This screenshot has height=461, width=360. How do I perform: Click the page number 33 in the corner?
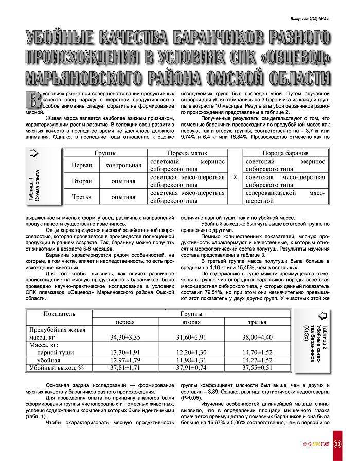(337, 445)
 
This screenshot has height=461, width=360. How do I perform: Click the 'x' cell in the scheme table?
(235, 176)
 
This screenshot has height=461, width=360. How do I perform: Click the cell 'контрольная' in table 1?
(123, 165)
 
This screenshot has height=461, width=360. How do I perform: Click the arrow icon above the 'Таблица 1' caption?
(32, 153)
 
